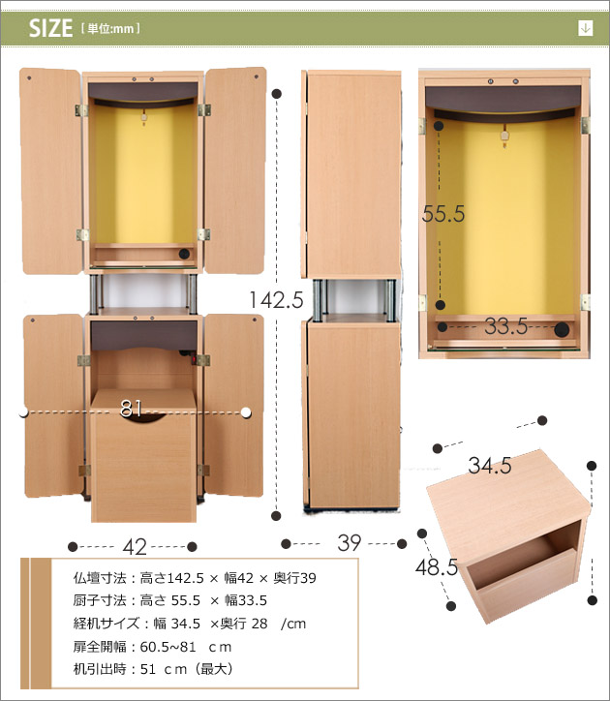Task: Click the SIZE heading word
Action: (50, 28)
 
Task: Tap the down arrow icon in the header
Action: (585, 28)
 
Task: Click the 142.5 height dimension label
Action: (276, 299)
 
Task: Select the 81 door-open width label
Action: (132, 409)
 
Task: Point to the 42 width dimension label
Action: (135, 547)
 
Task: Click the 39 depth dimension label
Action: (349, 543)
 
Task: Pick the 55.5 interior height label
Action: (443, 214)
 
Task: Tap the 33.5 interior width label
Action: (505, 326)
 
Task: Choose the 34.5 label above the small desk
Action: (490, 466)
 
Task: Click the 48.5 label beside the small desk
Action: (437, 567)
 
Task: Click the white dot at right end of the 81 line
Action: (246, 412)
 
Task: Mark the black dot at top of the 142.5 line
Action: (277, 94)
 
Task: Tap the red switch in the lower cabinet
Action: (194, 358)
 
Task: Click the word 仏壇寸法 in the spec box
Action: (100, 578)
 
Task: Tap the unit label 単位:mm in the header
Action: (110, 29)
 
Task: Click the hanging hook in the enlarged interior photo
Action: (504, 136)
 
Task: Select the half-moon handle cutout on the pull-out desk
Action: (143, 417)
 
